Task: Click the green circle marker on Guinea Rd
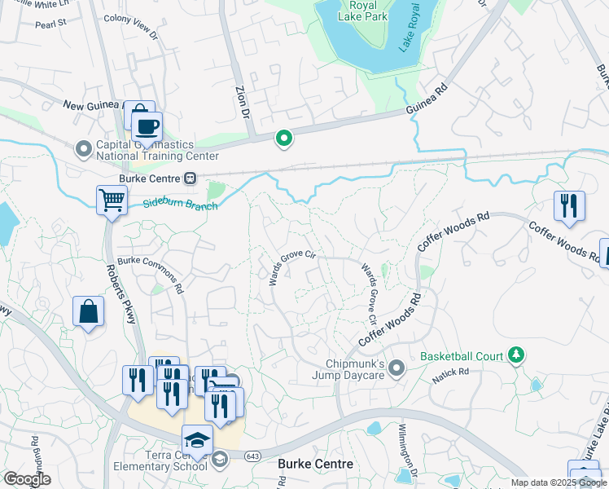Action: [x=283, y=139]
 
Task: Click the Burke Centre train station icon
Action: [x=190, y=177]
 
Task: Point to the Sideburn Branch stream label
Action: [x=181, y=205]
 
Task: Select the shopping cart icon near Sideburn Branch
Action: [x=111, y=200]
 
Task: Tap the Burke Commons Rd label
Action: [x=151, y=275]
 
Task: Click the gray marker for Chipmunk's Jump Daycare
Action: [x=397, y=368]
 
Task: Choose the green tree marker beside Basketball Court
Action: [x=515, y=355]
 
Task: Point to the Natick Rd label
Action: [x=452, y=372]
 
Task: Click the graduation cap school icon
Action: [x=197, y=440]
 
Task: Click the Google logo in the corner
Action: [x=26, y=478]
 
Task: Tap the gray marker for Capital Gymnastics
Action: [x=83, y=149]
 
